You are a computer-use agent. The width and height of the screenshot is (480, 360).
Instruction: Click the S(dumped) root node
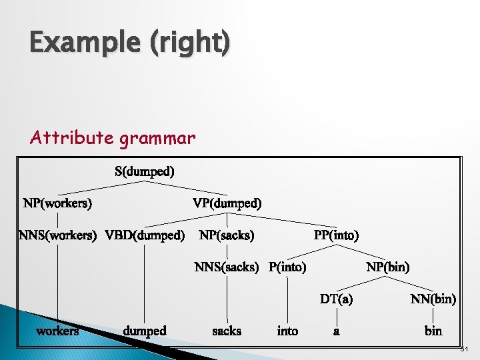pos(145,171)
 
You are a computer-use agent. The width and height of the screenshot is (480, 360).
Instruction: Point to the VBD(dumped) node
pos(145,235)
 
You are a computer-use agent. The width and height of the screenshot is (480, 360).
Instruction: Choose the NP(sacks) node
pos(227,235)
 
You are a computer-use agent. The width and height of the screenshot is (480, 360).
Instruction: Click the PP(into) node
pos(336,235)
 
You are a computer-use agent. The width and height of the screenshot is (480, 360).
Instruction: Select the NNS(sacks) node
pos(227,267)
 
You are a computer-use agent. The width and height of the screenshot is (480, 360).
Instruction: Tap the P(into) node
pos(287,267)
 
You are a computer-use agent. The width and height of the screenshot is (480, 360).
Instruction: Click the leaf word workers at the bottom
pos(57,331)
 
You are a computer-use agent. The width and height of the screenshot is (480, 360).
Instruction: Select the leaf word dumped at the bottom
pos(145,331)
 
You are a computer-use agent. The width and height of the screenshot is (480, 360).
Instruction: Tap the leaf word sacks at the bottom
pos(227,331)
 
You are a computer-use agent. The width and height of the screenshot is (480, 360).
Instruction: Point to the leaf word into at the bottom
pos(287,331)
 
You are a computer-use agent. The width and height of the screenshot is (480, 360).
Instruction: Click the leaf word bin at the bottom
pos(433,331)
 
